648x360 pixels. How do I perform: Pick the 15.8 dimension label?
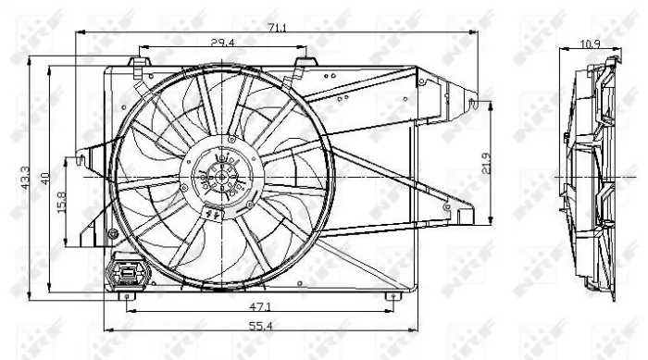click(x=62, y=201)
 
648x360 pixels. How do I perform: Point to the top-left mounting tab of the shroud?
click(x=138, y=64)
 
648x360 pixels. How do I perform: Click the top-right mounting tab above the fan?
click(x=305, y=64)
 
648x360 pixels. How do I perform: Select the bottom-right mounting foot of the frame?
click(x=393, y=296)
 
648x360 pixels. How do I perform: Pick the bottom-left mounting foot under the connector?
click(x=127, y=296)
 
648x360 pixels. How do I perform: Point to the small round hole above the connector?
click(x=114, y=233)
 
